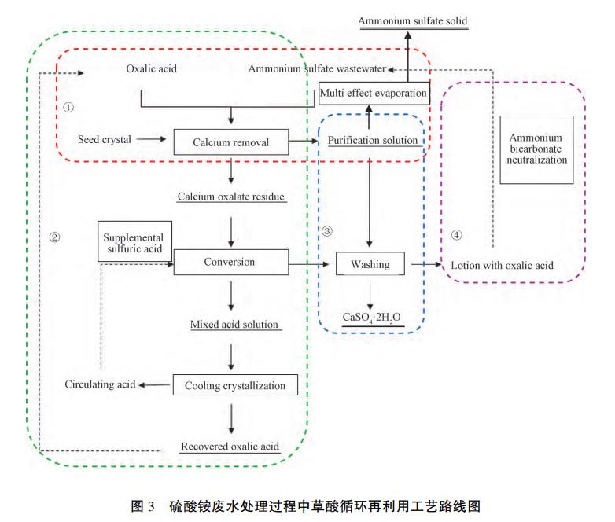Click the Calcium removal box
coord(231,142)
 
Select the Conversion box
coord(231,263)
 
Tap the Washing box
coord(370,264)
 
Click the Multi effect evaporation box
coord(374,94)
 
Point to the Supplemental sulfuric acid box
coord(134,243)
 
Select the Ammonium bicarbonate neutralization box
coord(537,149)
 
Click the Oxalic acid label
coord(152,68)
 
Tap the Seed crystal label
coord(105,140)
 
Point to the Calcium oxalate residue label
coord(231,196)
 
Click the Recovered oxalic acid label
coord(230,447)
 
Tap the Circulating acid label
coord(100,384)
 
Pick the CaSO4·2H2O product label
coord(372,318)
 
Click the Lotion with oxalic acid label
coord(502,265)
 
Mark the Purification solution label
coord(373,140)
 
